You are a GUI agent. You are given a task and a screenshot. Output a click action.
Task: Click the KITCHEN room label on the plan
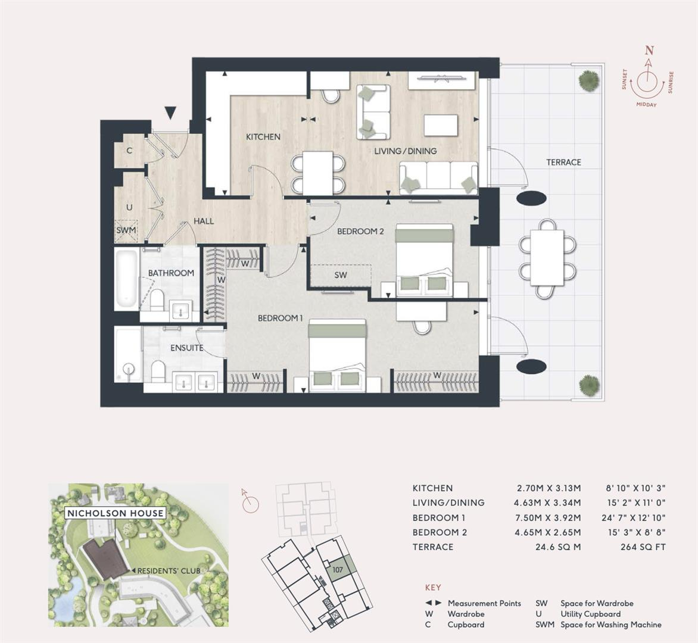pos(263,137)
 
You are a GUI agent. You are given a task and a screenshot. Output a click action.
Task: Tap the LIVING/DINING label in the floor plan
pos(406,151)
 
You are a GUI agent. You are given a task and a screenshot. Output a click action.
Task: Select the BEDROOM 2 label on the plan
pos(360,231)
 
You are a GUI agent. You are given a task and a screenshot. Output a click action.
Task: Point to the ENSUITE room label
pos(187,348)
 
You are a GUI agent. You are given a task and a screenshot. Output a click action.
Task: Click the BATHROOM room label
pos(171,273)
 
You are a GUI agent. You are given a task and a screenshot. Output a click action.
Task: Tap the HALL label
pos(204,221)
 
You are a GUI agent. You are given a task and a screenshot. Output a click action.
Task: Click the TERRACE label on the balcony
pos(563,162)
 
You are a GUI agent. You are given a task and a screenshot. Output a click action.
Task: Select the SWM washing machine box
pos(126,230)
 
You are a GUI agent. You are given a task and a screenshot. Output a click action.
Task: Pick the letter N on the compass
pos(650,51)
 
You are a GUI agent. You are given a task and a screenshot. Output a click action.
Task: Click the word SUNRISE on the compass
pos(671,83)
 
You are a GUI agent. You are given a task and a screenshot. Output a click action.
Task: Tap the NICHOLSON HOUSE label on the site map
pos(115,513)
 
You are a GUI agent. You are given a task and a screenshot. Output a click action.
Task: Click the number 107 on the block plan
pos(338,569)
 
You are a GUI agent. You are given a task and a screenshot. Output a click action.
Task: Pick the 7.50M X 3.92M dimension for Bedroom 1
pos(549,518)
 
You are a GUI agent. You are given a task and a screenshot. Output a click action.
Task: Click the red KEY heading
pos(433,588)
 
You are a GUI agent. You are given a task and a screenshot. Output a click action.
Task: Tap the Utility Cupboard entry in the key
pos(590,614)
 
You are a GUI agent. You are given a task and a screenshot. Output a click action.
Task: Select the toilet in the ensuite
pos(158,372)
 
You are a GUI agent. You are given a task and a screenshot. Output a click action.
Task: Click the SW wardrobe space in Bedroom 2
pos(341,275)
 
